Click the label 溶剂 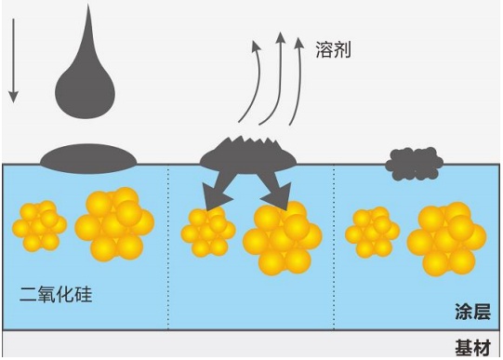point(333,49)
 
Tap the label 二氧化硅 point(56,294)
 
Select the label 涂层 point(472,312)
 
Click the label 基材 point(473,348)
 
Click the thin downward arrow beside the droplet point(13,61)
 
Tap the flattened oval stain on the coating point(88,159)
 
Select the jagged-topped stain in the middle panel point(248,155)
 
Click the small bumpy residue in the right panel point(414,164)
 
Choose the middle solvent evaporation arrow point(278,80)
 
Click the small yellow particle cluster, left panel point(39,226)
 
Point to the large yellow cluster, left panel point(114,224)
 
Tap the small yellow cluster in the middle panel point(208,232)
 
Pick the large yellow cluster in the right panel point(446,239)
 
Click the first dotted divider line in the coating point(167,247)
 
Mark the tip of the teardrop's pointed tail point(88,4)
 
